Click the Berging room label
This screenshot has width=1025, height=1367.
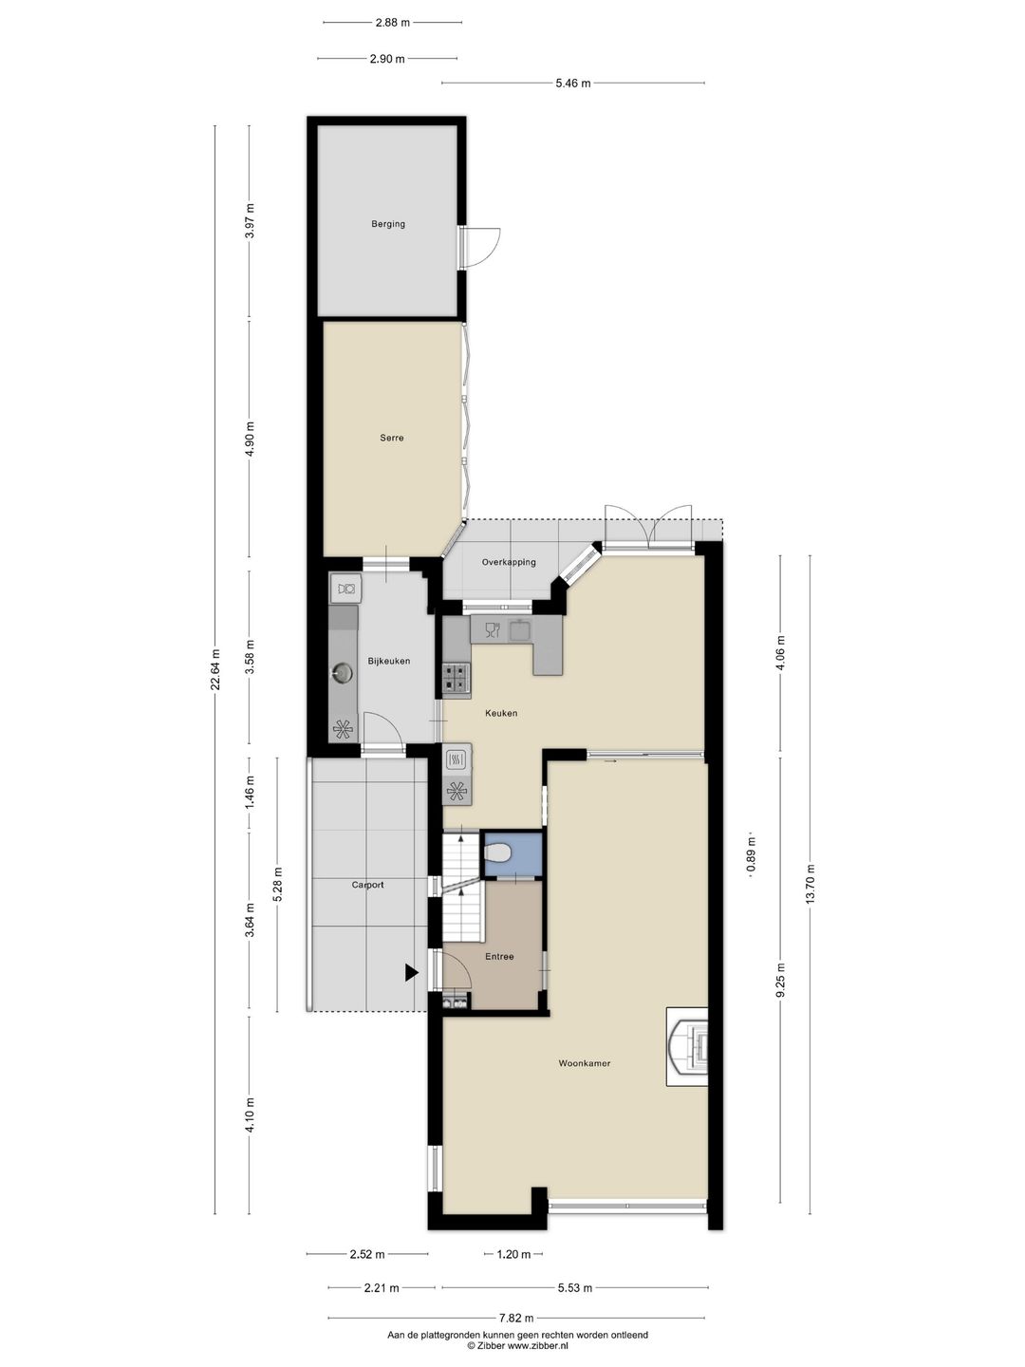[388, 224]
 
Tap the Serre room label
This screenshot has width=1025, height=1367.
[392, 438]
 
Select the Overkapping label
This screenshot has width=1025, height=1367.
[509, 562]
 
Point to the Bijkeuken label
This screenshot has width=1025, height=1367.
[389, 661]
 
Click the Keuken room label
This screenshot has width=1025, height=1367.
[501, 713]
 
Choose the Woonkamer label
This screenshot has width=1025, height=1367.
[585, 1063]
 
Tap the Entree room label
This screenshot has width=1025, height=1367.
[499, 956]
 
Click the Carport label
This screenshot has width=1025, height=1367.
[368, 885]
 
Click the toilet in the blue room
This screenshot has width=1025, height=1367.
[497, 854]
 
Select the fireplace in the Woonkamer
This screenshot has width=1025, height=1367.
[690, 1046]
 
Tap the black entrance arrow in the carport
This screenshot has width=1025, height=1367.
[411, 972]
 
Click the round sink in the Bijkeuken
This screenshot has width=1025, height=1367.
[343, 673]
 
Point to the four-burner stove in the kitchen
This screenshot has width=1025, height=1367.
[457, 677]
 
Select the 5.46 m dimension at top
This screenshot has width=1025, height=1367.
[573, 84]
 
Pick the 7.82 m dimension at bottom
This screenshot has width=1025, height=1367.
[516, 1318]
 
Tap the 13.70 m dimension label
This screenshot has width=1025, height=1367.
[811, 885]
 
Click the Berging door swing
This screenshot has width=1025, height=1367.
[486, 245]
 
